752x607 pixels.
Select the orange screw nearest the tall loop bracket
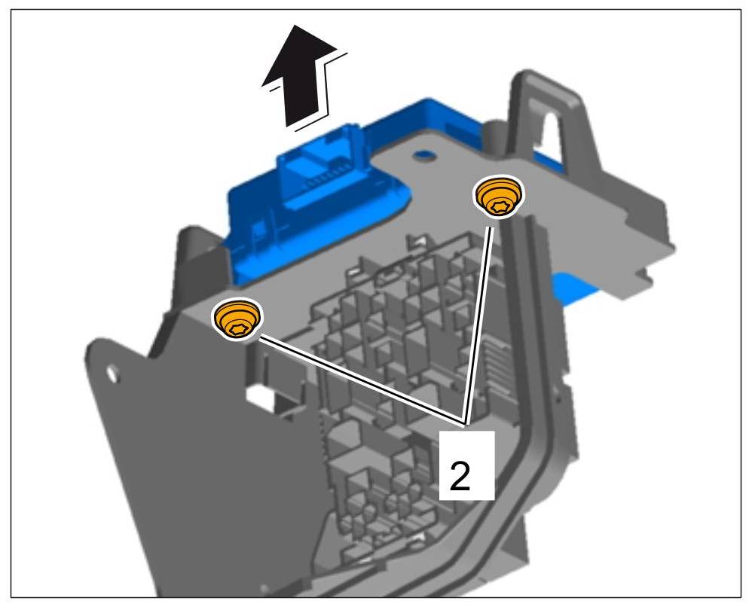click(x=498, y=198)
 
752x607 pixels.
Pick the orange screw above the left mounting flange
click(x=237, y=319)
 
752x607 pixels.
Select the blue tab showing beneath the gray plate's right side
click(x=576, y=291)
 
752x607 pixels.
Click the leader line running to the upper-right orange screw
click(x=481, y=316)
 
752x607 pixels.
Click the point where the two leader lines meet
click(x=466, y=421)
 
